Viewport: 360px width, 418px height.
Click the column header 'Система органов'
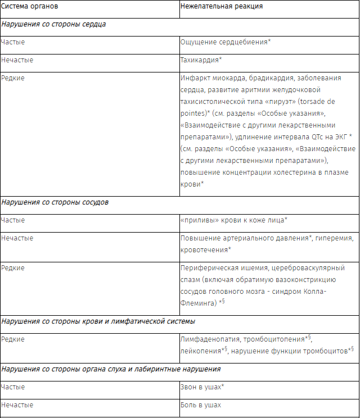click(29, 7)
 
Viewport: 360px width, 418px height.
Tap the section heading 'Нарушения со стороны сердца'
click(53, 25)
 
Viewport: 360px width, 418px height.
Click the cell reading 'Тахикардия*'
click(201, 60)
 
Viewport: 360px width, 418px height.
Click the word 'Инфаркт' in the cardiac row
click(195, 78)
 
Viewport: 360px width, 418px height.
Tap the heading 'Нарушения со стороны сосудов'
click(55, 202)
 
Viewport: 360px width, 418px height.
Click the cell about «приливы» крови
click(234, 220)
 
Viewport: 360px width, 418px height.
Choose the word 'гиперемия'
click(335, 238)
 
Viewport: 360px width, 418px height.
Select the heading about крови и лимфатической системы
click(98, 322)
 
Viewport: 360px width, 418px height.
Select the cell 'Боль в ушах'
click(201, 405)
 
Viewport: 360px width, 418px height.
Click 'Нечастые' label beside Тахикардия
click(17, 60)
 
